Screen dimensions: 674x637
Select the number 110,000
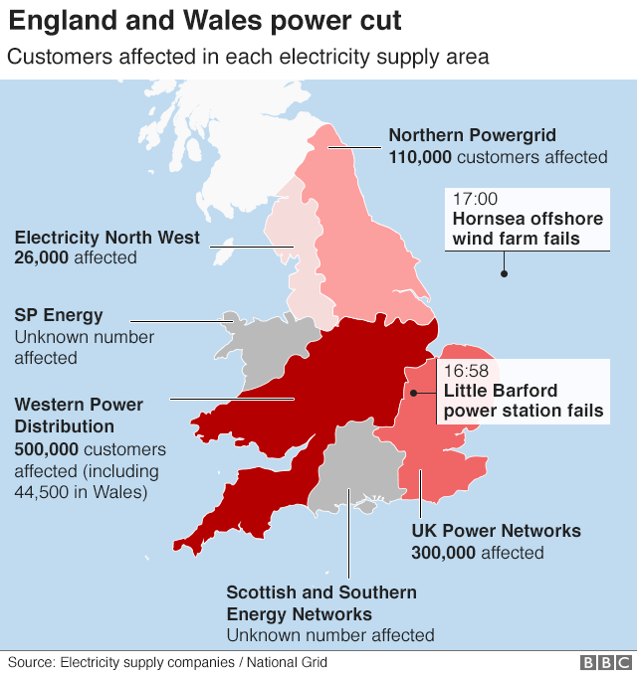[420, 157]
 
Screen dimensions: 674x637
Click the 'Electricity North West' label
[107, 238]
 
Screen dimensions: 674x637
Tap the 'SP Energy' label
[59, 316]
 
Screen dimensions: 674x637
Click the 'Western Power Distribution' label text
[79, 416]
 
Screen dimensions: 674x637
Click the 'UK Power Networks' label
[496, 531]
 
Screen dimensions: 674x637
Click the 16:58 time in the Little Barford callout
[466, 371]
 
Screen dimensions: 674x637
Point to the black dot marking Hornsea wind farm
[505, 273]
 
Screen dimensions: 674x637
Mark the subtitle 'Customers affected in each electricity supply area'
[248, 57]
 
